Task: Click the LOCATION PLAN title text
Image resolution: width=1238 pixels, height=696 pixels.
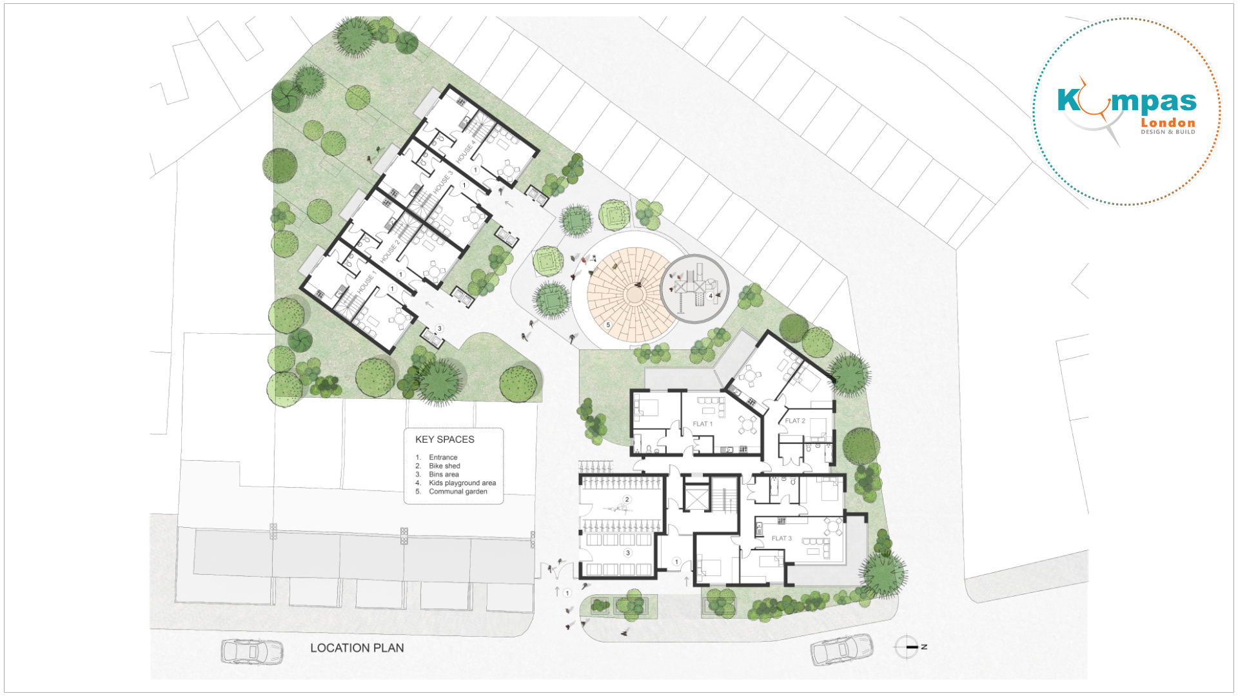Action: click(357, 648)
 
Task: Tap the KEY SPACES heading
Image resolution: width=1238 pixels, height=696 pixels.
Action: click(445, 440)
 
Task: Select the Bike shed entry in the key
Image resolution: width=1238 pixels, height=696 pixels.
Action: click(444, 466)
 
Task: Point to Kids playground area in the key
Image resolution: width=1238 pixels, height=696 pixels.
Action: click(462, 483)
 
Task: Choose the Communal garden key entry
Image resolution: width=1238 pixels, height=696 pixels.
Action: click(458, 491)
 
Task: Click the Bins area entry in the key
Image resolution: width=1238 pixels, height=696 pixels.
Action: click(444, 474)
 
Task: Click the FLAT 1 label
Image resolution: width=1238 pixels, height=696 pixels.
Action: click(702, 424)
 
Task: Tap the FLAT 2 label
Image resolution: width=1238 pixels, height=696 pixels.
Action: click(795, 421)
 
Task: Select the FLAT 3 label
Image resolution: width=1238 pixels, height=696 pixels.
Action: click(781, 538)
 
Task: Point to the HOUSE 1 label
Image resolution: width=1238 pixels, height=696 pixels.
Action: click(366, 282)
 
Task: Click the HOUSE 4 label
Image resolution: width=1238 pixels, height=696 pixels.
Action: click(466, 151)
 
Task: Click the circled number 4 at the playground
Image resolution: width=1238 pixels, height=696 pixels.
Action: click(711, 296)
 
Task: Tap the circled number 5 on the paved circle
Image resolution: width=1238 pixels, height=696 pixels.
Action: click(608, 325)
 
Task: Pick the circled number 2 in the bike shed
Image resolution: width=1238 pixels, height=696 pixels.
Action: click(627, 499)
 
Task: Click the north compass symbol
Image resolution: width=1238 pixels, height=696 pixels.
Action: click(907, 646)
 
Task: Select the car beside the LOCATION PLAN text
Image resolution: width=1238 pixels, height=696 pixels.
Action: click(252, 652)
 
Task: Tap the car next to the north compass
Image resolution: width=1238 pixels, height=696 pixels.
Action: click(841, 649)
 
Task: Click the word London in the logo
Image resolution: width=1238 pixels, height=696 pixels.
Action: click(1168, 122)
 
